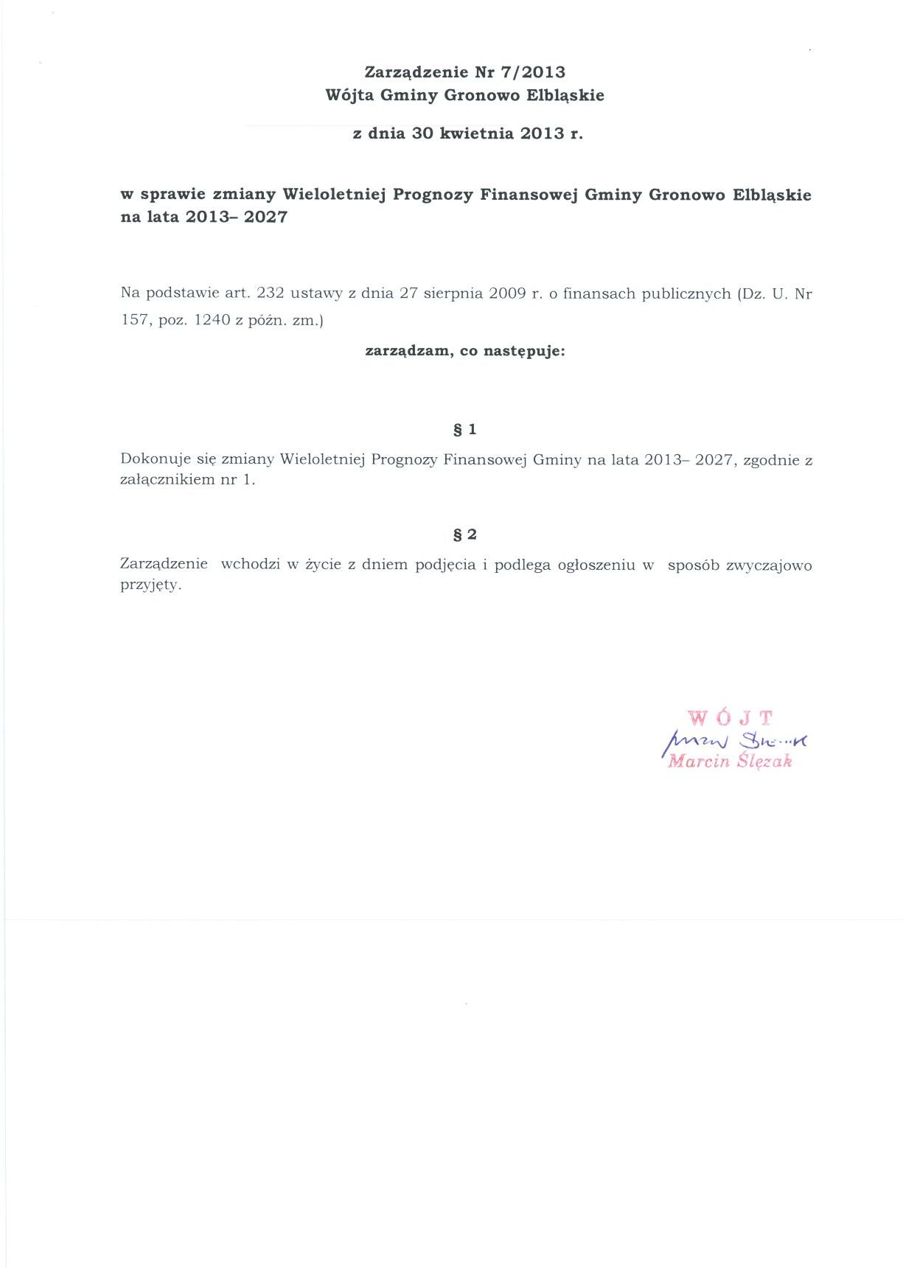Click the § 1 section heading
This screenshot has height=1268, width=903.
coord(464,429)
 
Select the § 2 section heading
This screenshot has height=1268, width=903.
coord(464,534)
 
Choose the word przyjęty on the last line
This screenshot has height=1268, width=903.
coord(150,586)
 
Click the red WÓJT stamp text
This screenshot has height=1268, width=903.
coord(730,717)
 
